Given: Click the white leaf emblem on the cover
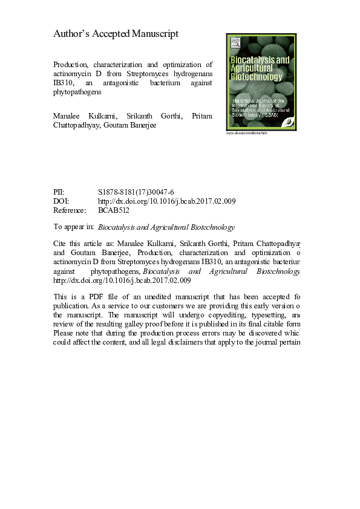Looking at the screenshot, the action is click(290, 120).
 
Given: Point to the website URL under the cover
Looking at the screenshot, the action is click(246, 133).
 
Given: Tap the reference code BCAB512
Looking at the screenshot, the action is click(114, 211).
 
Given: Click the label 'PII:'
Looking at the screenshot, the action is click(61, 192).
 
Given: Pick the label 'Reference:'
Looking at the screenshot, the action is click(70, 211).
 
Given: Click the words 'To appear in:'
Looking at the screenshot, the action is click(73, 227).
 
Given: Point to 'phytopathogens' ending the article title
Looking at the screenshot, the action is click(77, 94).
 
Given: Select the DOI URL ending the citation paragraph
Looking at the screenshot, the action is click(122, 280).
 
